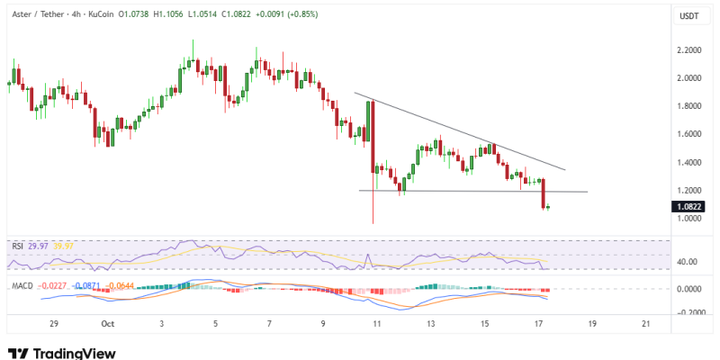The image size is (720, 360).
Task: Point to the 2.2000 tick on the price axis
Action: pyautogui.click(x=689, y=50)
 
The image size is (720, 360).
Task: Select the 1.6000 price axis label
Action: pyautogui.click(x=689, y=134)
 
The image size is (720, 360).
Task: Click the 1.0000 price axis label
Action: pyautogui.click(x=689, y=219)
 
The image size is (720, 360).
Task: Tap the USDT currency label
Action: pyautogui.click(x=688, y=15)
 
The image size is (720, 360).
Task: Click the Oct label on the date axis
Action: pyautogui.click(x=108, y=323)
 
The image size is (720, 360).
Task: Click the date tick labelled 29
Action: pyautogui.click(x=54, y=323)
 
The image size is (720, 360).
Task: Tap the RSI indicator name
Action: pyautogui.click(x=17, y=245)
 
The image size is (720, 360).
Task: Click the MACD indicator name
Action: pyautogui.click(x=22, y=286)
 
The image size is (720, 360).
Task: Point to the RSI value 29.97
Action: pyautogui.click(x=37, y=245)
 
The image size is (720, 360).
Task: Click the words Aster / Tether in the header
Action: pyautogui.click(x=37, y=15)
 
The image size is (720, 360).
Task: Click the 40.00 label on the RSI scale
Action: pyautogui.click(x=688, y=262)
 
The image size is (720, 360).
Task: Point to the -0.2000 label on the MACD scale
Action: pyautogui.click(x=688, y=312)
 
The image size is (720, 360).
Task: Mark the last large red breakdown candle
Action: pyautogui.click(x=544, y=193)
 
